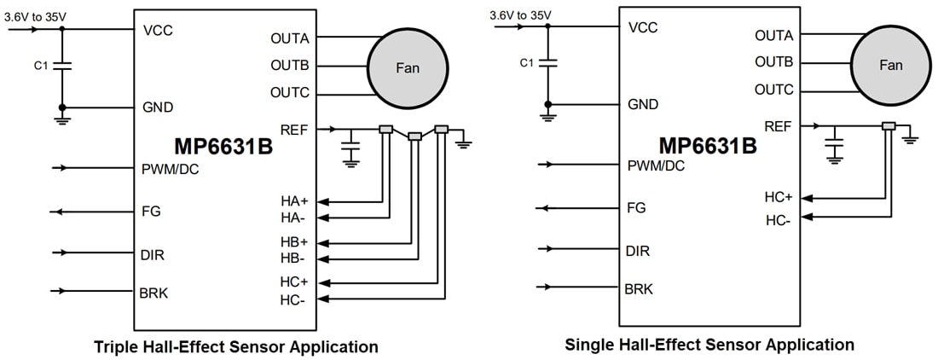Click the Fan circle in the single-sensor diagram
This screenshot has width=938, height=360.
click(890, 66)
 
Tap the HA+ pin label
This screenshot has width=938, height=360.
click(294, 201)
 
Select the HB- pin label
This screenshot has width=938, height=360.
click(294, 258)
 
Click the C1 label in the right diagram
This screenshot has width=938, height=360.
click(527, 62)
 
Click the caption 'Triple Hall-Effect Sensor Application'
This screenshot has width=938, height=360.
click(236, 347)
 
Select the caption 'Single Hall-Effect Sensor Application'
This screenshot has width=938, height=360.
click(709, 345)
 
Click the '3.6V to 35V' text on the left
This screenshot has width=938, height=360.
click(35, 15)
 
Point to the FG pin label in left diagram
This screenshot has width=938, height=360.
click(151, 211)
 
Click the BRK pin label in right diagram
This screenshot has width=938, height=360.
click(639, 289)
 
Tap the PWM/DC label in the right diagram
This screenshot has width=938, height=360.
click(656, 165)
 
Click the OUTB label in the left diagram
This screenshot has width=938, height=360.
click(290, 66)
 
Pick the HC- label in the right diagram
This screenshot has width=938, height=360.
click(779, 219)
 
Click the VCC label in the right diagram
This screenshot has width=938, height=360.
click(644, 26)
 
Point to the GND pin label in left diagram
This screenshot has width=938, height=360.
click(158, 107)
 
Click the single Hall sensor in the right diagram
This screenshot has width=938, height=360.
click(888, 126)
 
